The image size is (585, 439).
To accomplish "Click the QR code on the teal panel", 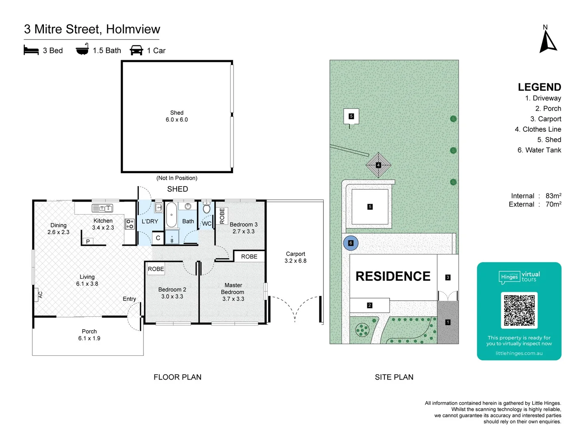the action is (x=519, y=310).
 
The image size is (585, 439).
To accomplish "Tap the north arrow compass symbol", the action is (x=547, y=41).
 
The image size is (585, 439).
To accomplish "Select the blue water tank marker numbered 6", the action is (x=351, y=243).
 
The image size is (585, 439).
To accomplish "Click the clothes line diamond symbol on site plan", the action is (x=378, y=165).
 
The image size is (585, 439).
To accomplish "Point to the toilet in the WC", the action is (x=206, y=207).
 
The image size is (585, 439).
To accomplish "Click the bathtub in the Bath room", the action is (x=171, y=215).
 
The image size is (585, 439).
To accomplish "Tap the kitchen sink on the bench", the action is (x=102, y=208).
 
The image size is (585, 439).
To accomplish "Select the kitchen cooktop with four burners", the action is (x=130, y=224).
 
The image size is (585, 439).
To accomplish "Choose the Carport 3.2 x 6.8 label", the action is (x=295, y=257).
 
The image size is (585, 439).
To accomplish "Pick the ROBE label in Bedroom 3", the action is (x=222, y=216).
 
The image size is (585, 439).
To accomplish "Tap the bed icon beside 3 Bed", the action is (x=31, y=50).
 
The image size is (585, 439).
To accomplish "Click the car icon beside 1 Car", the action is (x=136, y=50).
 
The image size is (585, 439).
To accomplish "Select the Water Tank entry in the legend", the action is (x=539, y=150).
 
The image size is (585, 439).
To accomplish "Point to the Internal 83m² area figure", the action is (x=536, y=196).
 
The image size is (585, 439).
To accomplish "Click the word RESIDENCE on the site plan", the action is (x=393, y=276).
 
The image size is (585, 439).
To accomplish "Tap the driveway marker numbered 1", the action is (x=448, y=322).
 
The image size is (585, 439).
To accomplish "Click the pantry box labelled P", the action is (x=88, y=241).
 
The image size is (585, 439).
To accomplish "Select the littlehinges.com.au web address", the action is (x=519, y=353).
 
